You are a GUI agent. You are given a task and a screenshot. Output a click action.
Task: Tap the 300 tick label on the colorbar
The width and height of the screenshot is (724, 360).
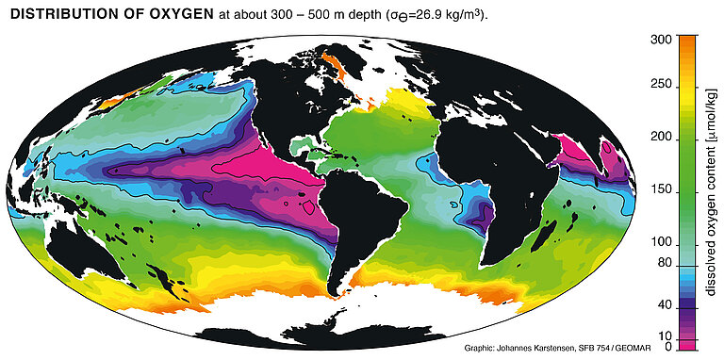660,39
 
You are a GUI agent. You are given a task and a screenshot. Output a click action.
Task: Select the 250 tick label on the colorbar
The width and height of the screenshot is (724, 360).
660,86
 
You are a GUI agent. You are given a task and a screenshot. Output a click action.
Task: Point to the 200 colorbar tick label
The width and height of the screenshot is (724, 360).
660,139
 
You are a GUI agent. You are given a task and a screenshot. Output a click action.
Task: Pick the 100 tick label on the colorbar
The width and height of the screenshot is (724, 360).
660,243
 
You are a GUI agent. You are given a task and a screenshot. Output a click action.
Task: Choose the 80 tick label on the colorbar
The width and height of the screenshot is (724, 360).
663,263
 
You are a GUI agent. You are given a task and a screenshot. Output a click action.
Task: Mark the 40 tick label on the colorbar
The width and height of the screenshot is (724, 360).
663,305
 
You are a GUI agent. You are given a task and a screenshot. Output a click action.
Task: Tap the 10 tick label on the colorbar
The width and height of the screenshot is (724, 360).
663,335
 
